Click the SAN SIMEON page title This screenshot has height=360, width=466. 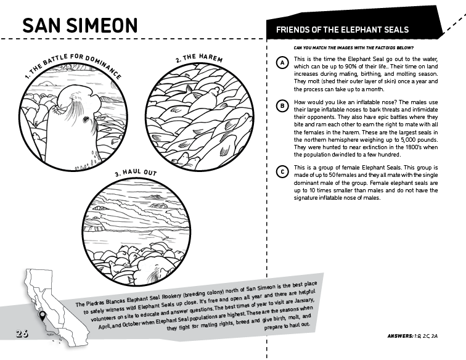pyautogui.click(x=80, y=25)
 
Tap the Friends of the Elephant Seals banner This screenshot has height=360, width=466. pyautogui.click(x=342, y=30)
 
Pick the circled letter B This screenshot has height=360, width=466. pyautogui.click(x=282, y=106)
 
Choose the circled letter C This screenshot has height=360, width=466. pyautogui.click(x=282, y=171)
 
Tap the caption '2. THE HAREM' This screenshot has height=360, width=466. pyautogui.click(x=198, y=59)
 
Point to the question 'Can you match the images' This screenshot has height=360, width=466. pyautogui.click(x=354, y=48)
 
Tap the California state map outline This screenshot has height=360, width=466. pyautogui.click(x=49, y=302)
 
